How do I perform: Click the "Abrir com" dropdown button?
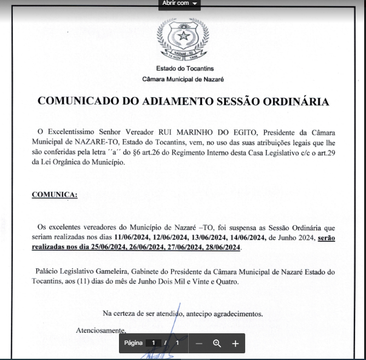click(x=180, y=4)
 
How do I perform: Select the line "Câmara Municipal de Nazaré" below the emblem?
click(x=183, y=80)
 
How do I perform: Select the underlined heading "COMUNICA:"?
click(x=55, y=194)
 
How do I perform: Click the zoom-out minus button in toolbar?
click(x=198, y=343)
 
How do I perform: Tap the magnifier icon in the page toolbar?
click(x=217, y=343)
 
